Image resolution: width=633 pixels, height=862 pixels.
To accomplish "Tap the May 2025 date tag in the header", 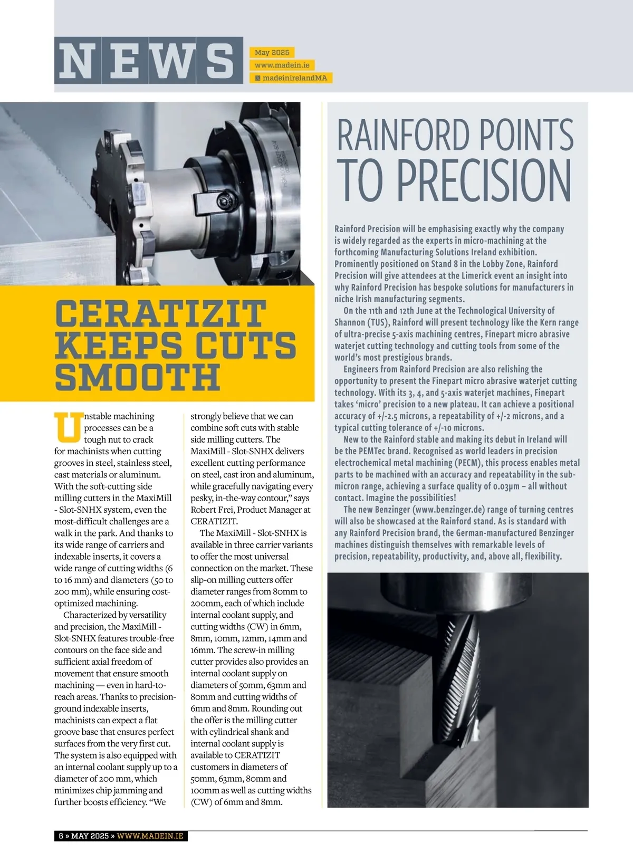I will (272, 52).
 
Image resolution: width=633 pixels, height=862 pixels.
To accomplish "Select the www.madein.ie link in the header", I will (282, 65).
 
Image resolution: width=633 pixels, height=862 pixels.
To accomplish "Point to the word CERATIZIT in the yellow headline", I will (161, 313).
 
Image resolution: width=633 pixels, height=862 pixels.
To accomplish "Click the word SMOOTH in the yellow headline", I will (137, 377).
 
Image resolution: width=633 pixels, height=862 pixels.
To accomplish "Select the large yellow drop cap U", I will (68, 427).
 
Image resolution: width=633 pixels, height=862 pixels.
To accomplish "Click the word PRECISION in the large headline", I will (484, 180).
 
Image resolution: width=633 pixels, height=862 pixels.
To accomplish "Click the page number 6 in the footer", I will (61, 836).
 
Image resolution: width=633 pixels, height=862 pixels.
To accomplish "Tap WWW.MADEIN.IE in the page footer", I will (150, 836).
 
